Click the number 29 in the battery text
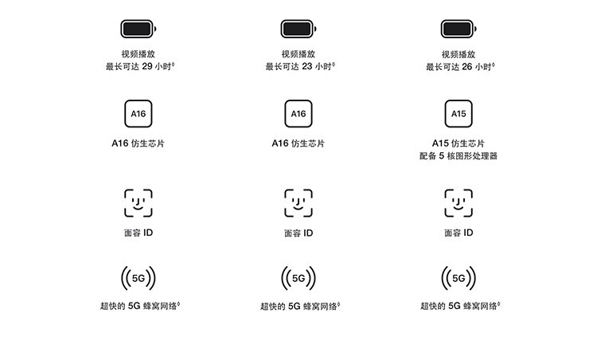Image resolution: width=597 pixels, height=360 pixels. click(x=147, y=66)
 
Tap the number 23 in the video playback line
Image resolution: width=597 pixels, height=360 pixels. click(x=307, y=66)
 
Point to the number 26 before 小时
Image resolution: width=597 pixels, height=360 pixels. click(x=467, y=67)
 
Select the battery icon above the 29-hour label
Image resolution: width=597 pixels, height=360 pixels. click(x=139, y=29)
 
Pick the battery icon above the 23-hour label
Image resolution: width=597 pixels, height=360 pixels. click(x=298, y=29)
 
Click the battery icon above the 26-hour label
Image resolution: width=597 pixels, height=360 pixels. click(x=458, y=29)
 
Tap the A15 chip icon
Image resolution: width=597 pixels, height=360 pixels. click(x=458, y=114)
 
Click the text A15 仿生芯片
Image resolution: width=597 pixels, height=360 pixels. click(x=458, y=143)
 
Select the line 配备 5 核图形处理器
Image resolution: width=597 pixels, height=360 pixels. click(x=458, y=156)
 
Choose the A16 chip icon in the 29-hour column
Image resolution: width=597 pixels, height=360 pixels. click(x=139, y=114)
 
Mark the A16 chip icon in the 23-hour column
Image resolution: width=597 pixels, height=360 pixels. click(x=298, y=114)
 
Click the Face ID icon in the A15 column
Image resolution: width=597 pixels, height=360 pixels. click(x=458, y=203)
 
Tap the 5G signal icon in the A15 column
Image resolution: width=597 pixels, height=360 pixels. click(x=458, y=278)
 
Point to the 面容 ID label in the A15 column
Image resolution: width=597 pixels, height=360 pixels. click(x=458, y=233)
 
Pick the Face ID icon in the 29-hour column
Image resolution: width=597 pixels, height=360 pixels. click(x=139, y=203)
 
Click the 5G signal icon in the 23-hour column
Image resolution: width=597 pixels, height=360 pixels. click(x=298, y=278)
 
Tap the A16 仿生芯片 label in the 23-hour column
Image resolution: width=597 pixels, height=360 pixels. click(x=298, y=143)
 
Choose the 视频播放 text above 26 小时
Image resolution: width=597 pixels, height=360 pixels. click(x=458, y=54)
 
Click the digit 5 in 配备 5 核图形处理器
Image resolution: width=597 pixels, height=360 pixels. click(x=442, y=156)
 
